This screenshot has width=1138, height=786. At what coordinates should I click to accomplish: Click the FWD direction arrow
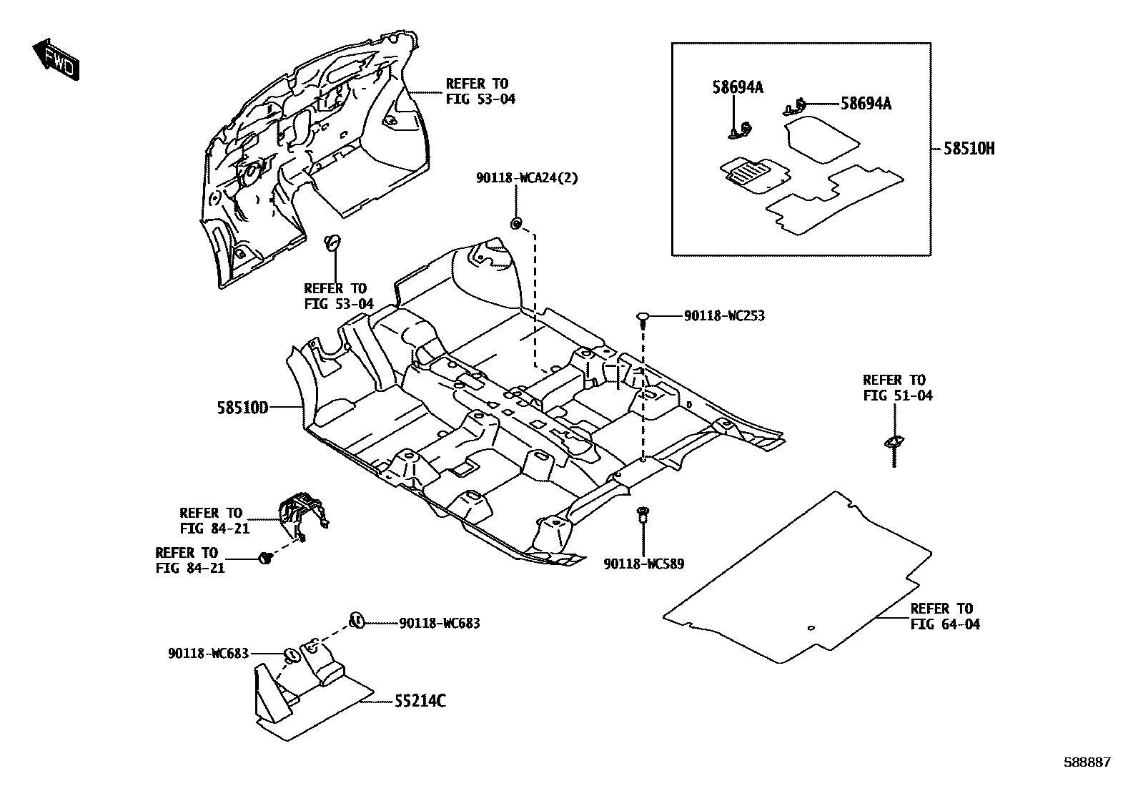[56, 59]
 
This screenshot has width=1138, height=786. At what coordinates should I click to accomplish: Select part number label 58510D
[242, 408]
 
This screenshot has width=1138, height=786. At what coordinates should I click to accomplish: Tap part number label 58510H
[969, 149]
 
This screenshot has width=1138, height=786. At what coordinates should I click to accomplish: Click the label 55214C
[420, 701]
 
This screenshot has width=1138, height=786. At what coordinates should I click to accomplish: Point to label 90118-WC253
[723, 315]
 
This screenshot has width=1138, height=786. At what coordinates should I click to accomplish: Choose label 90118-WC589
[643, 564]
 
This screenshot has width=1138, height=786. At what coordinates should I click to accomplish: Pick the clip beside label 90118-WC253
[643, 317]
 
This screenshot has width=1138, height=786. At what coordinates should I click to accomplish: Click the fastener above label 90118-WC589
[643, 512]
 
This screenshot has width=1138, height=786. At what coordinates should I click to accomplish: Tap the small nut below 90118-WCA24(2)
[515, 225]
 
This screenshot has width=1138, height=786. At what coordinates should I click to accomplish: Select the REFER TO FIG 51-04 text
[897, 388]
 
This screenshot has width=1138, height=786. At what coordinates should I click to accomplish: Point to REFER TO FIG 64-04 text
[945, 616]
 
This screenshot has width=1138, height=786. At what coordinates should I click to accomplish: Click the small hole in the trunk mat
[810, 629]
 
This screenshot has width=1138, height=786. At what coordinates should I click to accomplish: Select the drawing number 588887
[1087, 762]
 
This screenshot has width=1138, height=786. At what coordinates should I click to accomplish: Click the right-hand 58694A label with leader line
[866, 104]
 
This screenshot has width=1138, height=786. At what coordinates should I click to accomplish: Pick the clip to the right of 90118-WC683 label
[357, 621]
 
